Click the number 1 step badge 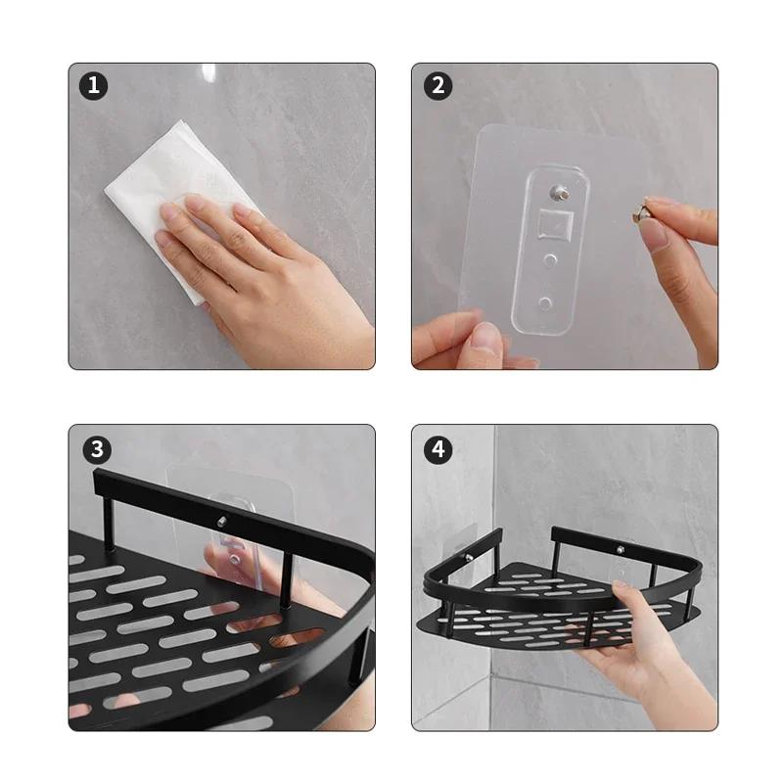(93, 86)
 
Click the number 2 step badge (438, 86)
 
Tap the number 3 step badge (97, 449)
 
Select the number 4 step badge (438, 449)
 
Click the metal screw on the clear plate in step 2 (559, 192)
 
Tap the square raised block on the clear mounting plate (555, 223)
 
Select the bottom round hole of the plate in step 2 (545, 302)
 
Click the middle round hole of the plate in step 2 (550, 259)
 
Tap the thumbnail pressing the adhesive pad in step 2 (484, 335)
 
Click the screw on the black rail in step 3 (222, 522)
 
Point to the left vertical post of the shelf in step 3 (109, 523)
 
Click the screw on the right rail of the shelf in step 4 (621, 550)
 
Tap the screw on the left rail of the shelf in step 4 (469, 557)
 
